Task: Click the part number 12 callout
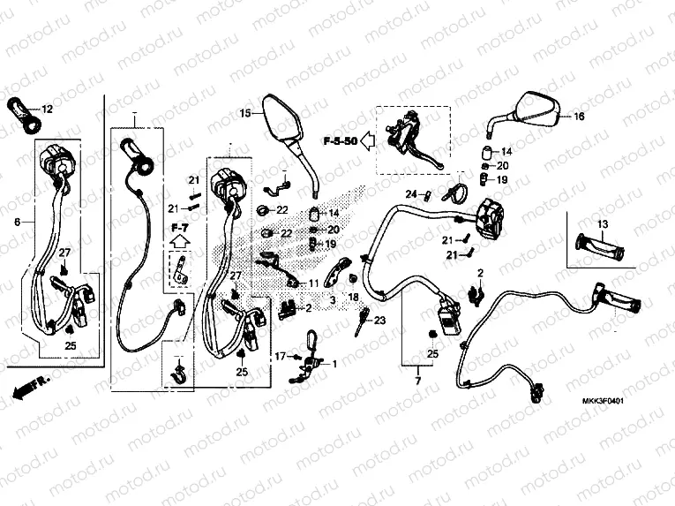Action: (x=47, y=110)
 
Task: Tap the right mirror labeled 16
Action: (x=536, y=110)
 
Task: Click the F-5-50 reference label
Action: (x=339, y=141)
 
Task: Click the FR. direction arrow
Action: (x=29, y=386)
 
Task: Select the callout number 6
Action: (x=16, y=223)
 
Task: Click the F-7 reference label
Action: (x=179, y=227)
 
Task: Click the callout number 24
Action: (x=410, y=194)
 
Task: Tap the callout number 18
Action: (x=352, y=298)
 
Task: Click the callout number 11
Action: (x=312, y=283)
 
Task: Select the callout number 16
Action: (x=579, y=117)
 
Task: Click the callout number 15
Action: (x=245, y=113)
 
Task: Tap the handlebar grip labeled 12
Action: (x=24, y=114)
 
